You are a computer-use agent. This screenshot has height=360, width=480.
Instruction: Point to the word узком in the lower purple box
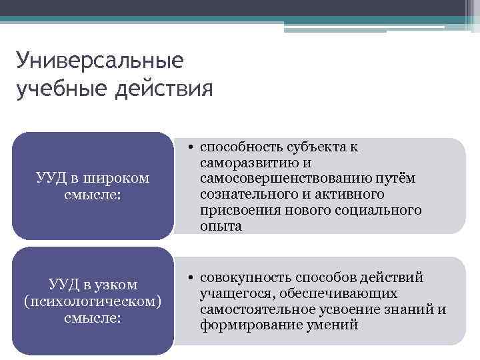(x=116, y=285)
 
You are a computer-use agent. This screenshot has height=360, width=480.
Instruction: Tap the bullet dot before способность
(x=191, y=147)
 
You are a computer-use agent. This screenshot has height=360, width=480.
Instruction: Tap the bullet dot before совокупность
(x=191, y=277)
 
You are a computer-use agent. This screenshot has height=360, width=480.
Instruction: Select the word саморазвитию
(x=242, y=163)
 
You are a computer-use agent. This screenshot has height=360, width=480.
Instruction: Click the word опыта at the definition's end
(x=221, y=227)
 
